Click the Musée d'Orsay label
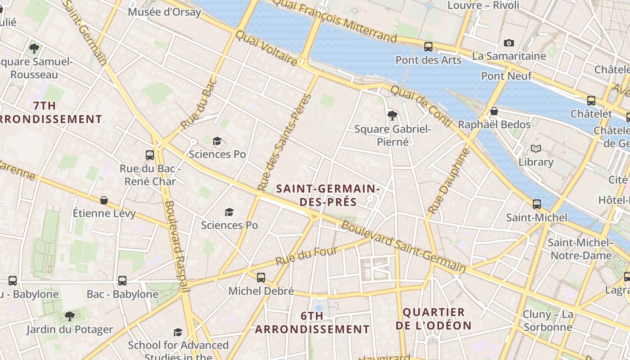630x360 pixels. tap(164, 12)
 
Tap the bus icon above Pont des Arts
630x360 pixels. tap(428, 46)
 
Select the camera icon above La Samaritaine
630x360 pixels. tap(509, 43)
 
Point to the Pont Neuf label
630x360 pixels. tap(506, 76)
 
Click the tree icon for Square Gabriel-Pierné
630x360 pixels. tap(392, 116)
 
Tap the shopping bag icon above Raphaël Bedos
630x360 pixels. tap(494, 111)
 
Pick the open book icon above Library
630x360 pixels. tap(535, 148)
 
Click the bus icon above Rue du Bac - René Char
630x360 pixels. tap(150, 155)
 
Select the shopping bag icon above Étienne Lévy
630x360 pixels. tap(104, 200)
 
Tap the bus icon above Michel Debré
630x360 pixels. tap(261, 277)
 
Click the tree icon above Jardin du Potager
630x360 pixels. tap(69, 316)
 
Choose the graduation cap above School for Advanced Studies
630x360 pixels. tap(178, 332)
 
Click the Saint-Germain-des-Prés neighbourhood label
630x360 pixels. tap(328, 195)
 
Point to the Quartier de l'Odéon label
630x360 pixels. tap(434, 319)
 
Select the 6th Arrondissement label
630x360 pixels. tap(312, 323)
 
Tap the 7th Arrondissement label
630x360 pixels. tap(49, 112)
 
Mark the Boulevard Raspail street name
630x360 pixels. tap(176, 246)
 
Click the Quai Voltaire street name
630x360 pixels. tap(266, 48)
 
